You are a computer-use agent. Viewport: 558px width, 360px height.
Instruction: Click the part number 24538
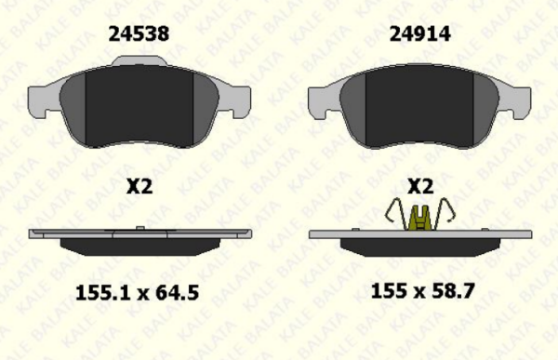[139, 34]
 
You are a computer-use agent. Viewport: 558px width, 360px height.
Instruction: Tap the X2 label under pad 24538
[139, 186]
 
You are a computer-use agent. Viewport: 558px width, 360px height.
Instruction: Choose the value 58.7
[455, 292]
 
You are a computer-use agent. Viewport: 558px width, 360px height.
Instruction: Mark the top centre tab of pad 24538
[139, 61]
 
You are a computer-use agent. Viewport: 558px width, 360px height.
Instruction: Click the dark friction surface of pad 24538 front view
[139, 107]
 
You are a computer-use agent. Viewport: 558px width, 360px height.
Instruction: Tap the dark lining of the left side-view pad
[139, 247]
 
